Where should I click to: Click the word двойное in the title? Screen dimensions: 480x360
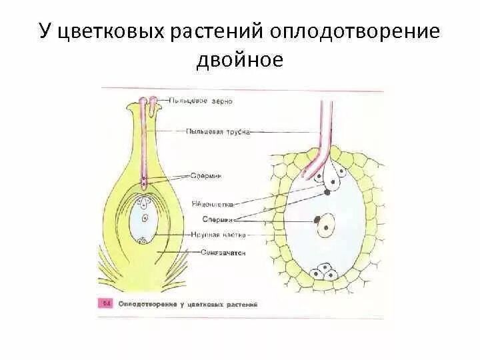click(240, 60)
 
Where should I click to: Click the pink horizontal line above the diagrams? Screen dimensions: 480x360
click(240, 89)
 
